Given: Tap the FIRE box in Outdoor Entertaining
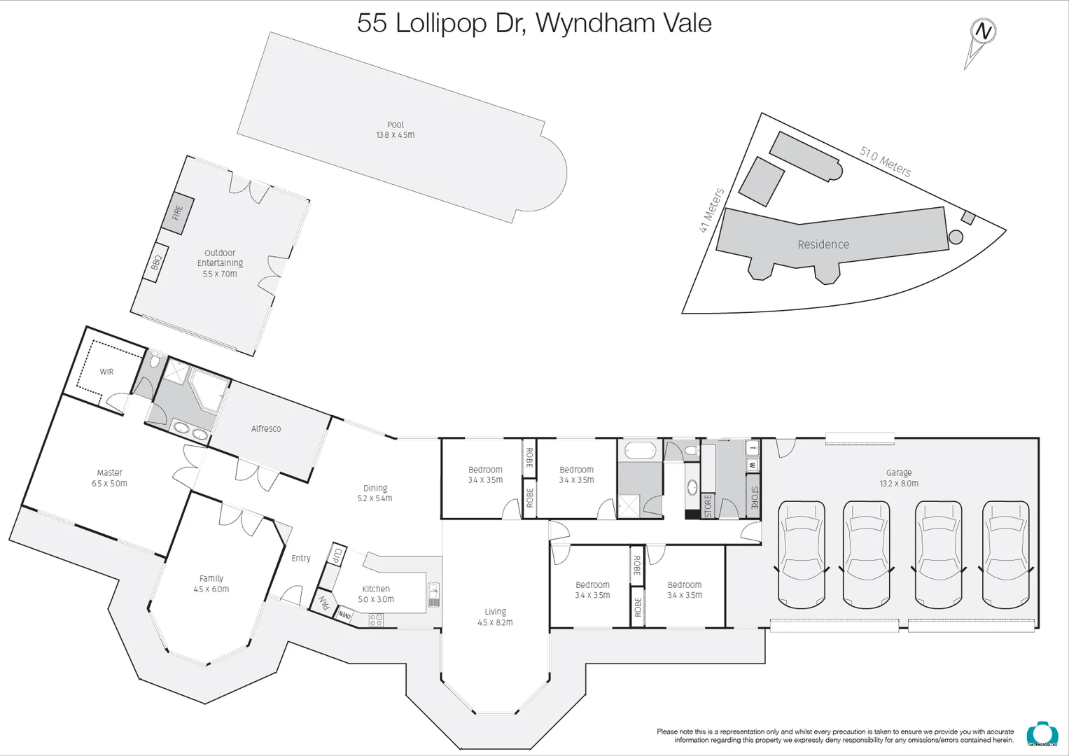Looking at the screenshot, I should (x=177, y=212).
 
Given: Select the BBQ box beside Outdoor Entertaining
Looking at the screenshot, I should (x=156, y=262).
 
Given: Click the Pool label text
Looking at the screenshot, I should (x=396, y=125).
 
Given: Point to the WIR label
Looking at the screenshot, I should (x=106, y=372).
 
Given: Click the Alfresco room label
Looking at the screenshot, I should (x=266, y=428).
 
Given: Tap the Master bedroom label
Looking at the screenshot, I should (x=109, y=472).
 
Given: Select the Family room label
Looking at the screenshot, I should (x=211, y=578).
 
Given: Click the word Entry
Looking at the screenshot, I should (x=301, y=558).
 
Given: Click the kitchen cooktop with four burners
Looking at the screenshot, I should (x=376, y=619).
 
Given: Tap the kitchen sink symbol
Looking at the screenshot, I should (x=433, y=595).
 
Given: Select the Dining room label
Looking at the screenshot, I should (x=375, y=488).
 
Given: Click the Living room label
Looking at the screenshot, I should (x=495, y=611).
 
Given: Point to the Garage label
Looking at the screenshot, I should (x=899, y=472).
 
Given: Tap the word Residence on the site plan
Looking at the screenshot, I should (x=823, y=244).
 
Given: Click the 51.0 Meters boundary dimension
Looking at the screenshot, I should (x=886, y=162).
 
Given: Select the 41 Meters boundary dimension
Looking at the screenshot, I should (x=712, y=211).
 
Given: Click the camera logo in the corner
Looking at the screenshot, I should (x=1037, y=734).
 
